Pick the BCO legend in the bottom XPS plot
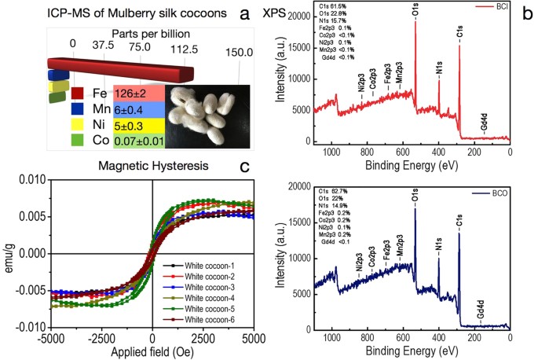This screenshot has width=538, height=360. tap(498, 193)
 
